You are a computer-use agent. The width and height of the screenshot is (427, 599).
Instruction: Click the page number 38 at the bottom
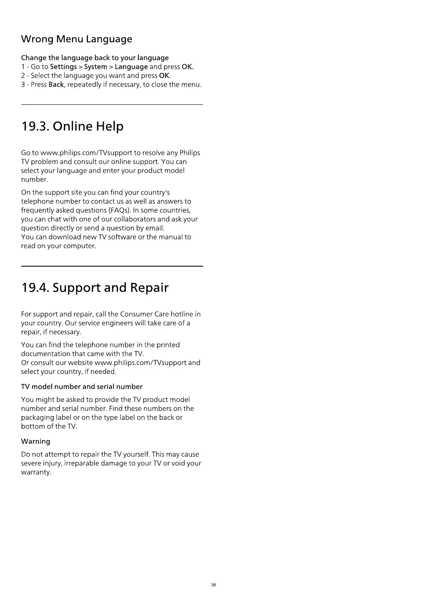click(x=213, y=585)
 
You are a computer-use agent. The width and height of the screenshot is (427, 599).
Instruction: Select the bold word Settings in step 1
click(x=63, y=67)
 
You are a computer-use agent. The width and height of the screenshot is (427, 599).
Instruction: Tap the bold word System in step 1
click(x=95, y=67)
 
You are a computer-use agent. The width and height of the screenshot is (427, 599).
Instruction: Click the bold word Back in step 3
click(x=56, y=85)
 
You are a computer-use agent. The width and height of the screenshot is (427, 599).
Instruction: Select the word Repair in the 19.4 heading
click(x=149, y=288)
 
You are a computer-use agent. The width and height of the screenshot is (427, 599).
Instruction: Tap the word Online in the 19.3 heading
click(x=73, y=126)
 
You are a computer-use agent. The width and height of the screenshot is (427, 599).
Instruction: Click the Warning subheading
click(x=35, y=441)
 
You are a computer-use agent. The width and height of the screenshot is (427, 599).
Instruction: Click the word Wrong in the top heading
click(x=37, y=39)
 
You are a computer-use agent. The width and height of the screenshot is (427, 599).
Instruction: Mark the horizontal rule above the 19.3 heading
click(x=112, y=105)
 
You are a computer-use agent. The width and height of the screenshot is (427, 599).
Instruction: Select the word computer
click(x=79, y=246)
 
